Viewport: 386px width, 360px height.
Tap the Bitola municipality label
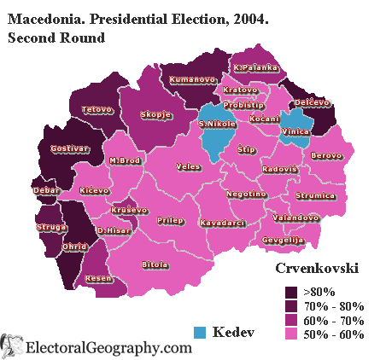[155, 265]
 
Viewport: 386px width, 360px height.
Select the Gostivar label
[69, 148]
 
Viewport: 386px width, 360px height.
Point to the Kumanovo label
[192, 80]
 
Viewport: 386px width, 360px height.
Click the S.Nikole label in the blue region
[216, 125]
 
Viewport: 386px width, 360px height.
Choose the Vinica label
[295, 132]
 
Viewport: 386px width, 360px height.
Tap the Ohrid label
[75, 247]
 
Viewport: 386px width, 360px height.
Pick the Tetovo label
[96, 109]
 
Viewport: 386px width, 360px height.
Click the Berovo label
[326, 155]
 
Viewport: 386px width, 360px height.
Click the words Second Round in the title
[56, 38]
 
